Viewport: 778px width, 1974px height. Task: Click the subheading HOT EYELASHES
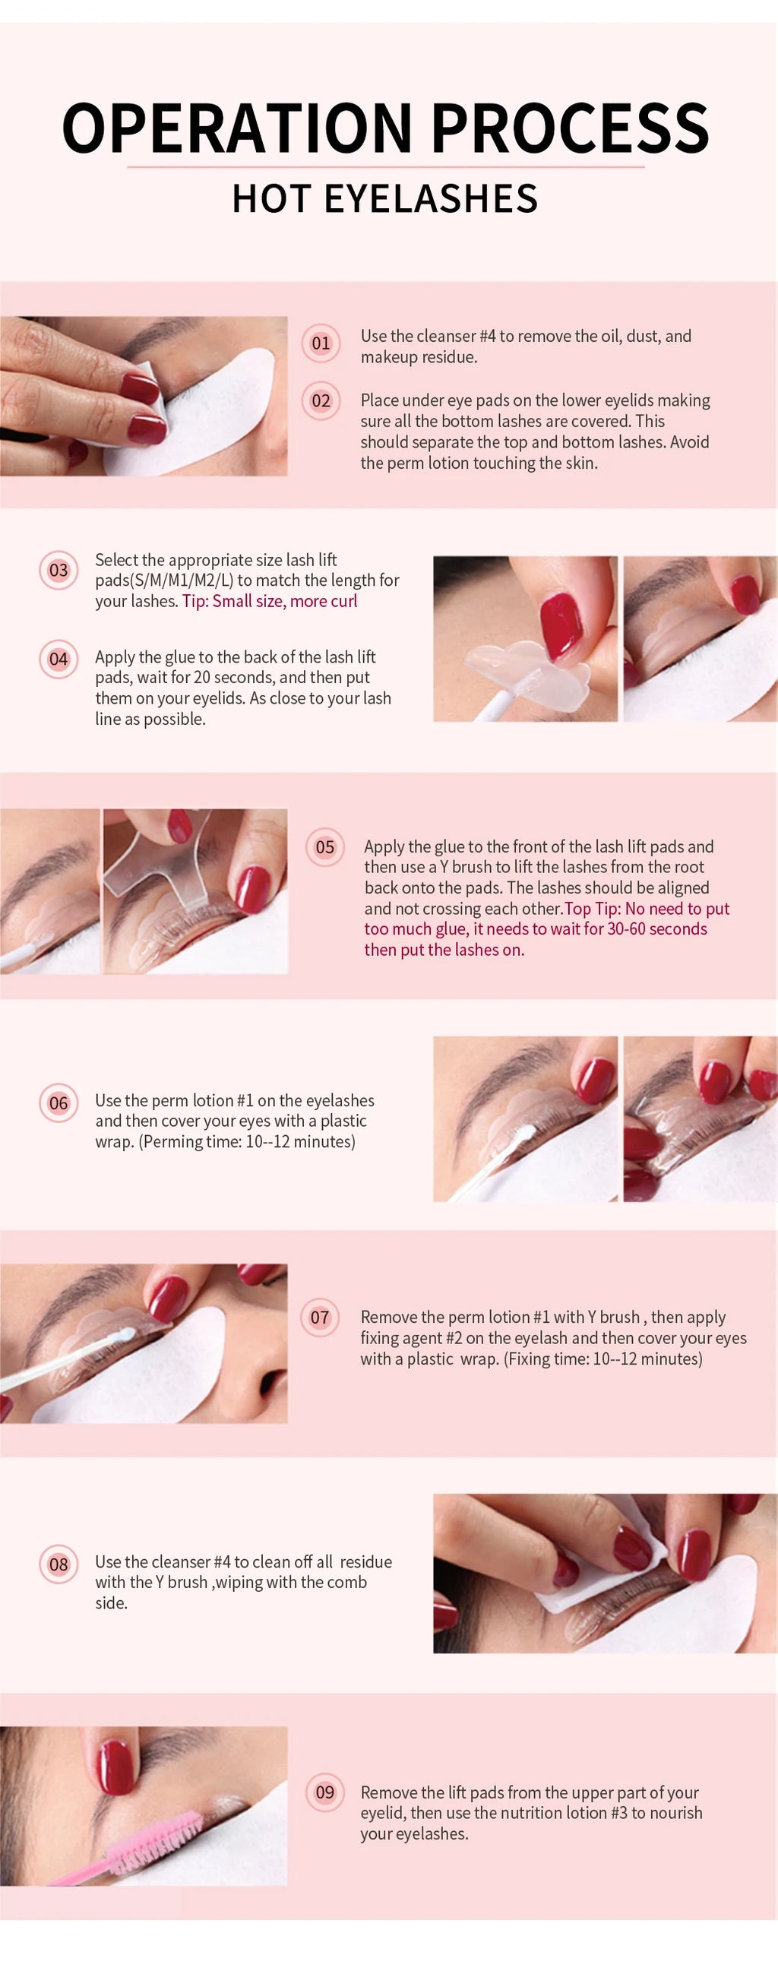click(x=384, y=199)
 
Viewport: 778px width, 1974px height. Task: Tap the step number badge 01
click(x=321, y=343)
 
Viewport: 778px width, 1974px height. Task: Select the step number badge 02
click(x=321, y=400)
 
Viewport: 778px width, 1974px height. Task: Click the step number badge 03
click(x=59, y=570)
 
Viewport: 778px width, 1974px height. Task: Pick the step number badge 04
click(x=59, y=659)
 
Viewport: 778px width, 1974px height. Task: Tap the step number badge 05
click(x=325, y=846)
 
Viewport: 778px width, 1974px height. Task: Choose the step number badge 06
click(x=59, y=1103)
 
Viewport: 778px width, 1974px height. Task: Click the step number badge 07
click(x=320, y=1318)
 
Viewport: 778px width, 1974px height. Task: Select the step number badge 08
click(x=59, y=1564)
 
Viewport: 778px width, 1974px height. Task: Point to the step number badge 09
click(x=325, y=1792)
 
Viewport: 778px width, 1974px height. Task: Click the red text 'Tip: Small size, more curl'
click(x=270, y=602)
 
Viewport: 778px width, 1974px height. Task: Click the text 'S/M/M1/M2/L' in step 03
click(x=183, y=580)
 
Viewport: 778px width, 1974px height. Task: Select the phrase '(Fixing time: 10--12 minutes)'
click(x=602, y=1359)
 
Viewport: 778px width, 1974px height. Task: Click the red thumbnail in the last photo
click(x=117, y=1766)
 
